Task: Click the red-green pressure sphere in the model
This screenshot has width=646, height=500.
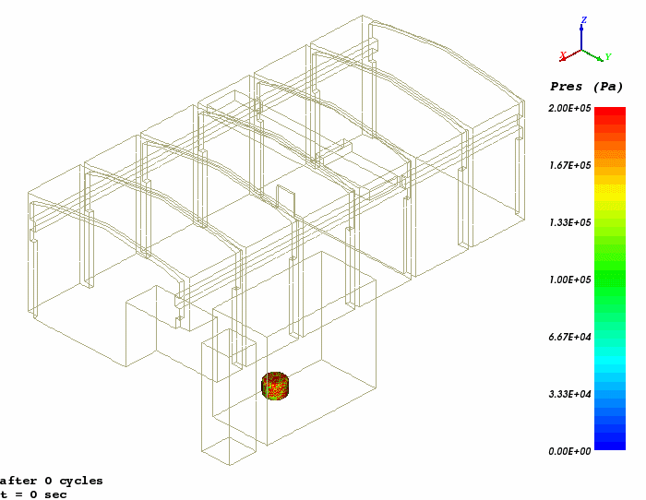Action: (x=275, y=386)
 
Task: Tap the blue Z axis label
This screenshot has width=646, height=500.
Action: (x=584, y=19)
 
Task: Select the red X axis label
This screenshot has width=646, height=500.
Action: (x=563, y=55)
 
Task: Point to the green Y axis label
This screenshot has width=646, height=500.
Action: (x=608, y=57)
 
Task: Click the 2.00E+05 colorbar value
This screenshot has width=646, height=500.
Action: (x=570, y=108)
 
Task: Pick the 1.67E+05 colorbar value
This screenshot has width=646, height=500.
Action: (x=570, y=165)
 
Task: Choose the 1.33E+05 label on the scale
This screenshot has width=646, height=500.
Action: (x=570, y=223)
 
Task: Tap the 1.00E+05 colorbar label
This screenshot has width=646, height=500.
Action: (x=570, y=280)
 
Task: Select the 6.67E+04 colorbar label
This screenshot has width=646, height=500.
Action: (x=570, y=338)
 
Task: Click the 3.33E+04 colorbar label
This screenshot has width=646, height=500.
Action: (x=570, y=395)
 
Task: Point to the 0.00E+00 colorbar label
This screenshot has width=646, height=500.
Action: (x=570, y=451)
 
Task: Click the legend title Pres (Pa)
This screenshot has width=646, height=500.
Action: (x=587, y=87)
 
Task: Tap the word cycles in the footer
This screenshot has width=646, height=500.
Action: (x=81, y=481)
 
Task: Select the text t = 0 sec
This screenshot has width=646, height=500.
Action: (x=34, y=494)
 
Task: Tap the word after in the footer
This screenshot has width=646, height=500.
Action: (x=17, y=481)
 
